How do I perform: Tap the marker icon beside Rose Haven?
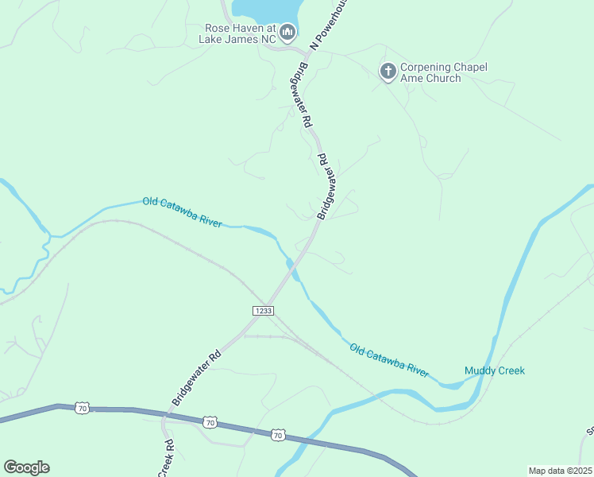[x=288, y=33]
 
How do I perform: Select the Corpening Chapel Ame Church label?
[x=443, y=72]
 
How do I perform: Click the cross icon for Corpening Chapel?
[x=388, y=72]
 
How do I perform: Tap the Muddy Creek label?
[x=494, y=370]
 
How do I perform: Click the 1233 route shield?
[x=264, y=310]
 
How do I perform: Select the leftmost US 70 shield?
[x=83, y=408]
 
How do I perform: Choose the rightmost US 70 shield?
[x=277, y=434]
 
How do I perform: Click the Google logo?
[x=26, y=467]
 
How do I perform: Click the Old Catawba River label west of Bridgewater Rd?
[x=182, y=212]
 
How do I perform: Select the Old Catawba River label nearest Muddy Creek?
[x=389, y=359]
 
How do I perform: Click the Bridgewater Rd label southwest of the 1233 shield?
[x=195, y=378]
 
